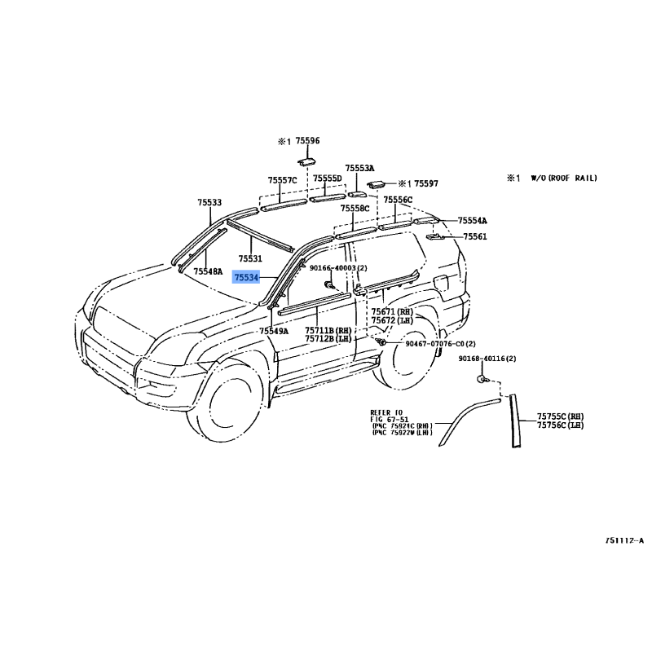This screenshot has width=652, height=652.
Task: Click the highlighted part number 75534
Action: pyautogui.click(x=246, y=278)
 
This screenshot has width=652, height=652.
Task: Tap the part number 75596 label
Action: pyautogui.click(x=307, y=141)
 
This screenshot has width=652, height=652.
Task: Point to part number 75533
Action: pyautogui.click(x=209, y=202)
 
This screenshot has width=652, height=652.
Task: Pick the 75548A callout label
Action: pyautogui.click(x=208, y=271)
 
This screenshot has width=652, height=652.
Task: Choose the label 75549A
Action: pyautogui.click(x=274, y=332)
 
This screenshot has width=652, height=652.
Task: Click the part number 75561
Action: pyautogui.click(x=475, y=236)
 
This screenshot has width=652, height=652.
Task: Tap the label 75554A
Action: pyautogui.click(x=472, y=221)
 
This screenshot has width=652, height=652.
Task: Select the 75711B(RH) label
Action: pyautogui.click(x=328, y=331)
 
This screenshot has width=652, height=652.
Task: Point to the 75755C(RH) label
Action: pyautogui.click(x=560, y=416)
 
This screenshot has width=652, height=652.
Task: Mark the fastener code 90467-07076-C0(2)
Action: pyautogui.click(x=440, y=344)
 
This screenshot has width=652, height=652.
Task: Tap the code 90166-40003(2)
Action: pyautogui.click(x=338, y=267)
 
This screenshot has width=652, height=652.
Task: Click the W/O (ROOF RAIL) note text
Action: pyautogui.click(x=564, y=177)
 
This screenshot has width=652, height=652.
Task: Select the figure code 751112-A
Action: pyautogui.click(x=623, y=540)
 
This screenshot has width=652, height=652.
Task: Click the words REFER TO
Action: pyautogui.click(x=386, y=412)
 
